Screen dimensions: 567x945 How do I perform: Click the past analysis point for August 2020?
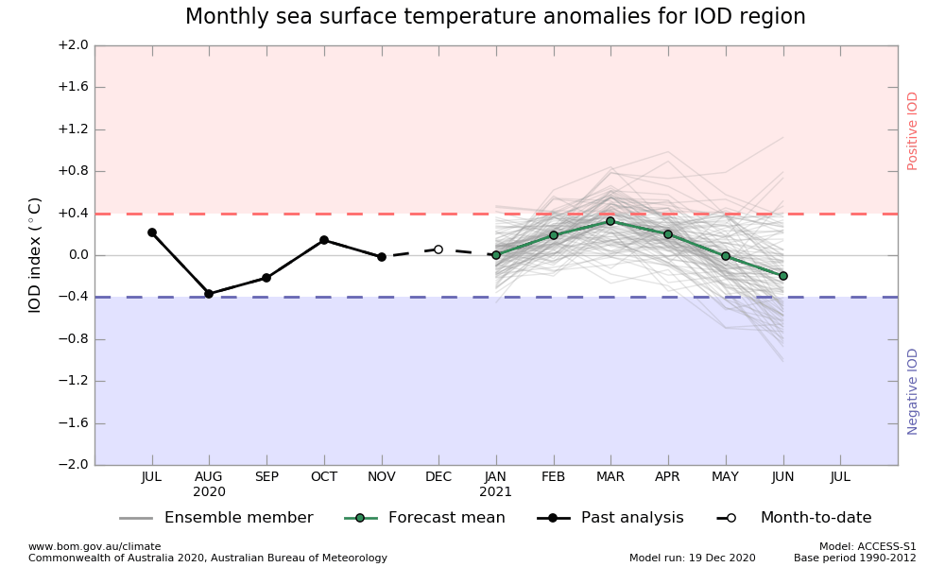click(x=209, y=294)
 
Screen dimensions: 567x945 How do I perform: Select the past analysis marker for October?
click(x=324, y=240)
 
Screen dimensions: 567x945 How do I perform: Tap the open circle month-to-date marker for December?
click(x=438, y=249)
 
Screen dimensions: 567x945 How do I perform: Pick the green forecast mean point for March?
click(x=610, y=221)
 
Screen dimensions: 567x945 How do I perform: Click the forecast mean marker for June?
click(x=783, y=276)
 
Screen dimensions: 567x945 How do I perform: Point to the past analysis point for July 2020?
click(x=152, y=232)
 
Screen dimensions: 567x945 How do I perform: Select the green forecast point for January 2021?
click(x=496, y=255)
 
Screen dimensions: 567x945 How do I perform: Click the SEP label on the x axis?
click(x=266, y=477)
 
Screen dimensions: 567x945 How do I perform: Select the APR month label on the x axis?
click(x=668, y=477)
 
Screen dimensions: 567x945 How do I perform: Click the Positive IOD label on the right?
click(x=913, y=130)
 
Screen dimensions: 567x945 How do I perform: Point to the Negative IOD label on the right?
click(x=913, y=391)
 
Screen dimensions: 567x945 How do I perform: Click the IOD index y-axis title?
click(x=35, y=255)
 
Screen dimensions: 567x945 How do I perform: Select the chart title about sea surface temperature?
click(x=495, y=17)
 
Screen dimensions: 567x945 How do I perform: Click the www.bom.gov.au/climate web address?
click(x=94, y=546)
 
